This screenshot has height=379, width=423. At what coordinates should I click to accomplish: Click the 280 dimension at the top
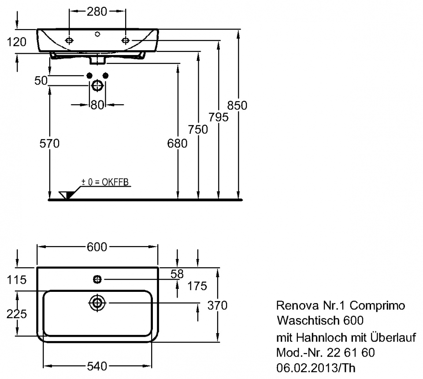(97, 11)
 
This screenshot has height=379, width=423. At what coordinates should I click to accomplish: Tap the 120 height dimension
(16, 42)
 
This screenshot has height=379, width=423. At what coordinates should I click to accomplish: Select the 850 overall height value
(237, 105)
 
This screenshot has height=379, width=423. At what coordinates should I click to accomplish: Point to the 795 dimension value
(219, 117)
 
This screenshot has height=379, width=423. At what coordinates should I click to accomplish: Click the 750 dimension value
(198, 130)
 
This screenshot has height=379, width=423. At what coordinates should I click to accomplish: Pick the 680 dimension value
(177, 144)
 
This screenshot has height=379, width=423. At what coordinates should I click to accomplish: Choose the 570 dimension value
(50, 144)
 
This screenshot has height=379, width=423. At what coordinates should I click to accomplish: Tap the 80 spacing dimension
(97, 105)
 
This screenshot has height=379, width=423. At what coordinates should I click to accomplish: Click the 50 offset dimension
(41, 80)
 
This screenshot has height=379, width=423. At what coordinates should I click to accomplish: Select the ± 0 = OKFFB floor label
(105, 182)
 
